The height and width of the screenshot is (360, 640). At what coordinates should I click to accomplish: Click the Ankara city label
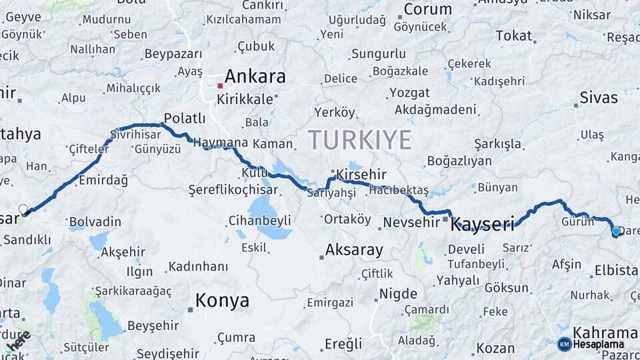tap(255, 76)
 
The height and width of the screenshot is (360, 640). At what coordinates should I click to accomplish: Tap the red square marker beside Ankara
tap(220, 85)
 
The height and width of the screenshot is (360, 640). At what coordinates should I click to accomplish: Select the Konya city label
tap(221, 300)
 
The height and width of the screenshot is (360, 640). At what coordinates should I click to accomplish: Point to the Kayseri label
tap(483, 224)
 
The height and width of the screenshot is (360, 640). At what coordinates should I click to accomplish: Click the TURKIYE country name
tap(359, 140)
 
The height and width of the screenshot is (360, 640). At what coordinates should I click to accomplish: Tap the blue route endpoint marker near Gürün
tap(616, 231)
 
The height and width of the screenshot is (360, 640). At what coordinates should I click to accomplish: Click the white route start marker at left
tap(24, 209)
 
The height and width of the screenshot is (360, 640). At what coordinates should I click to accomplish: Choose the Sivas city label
tap(599, 97)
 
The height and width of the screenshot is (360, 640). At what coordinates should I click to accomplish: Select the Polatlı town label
tap(185, 118)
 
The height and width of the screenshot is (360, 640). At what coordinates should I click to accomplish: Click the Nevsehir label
tap(411, 222)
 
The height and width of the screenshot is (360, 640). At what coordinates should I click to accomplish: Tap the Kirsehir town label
tap(361, 174)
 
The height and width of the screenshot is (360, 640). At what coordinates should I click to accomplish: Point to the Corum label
tap(427, 9)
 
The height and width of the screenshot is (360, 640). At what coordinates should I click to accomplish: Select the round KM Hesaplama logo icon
tap(564, 344)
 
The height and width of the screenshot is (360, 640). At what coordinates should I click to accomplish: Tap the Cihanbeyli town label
tap(259, 220)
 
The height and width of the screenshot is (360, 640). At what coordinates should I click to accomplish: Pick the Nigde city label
tap(398, 293)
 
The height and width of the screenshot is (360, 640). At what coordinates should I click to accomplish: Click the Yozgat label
tap(409, 92)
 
